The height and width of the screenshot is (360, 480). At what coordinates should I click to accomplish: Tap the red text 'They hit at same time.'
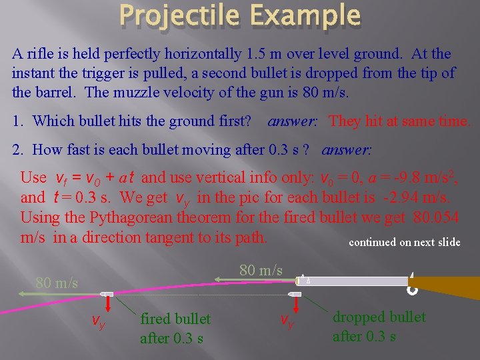click(400, 121)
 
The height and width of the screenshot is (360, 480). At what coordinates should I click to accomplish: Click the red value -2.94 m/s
click(419, 197)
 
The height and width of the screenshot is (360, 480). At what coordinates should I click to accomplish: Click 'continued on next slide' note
click(404, 242)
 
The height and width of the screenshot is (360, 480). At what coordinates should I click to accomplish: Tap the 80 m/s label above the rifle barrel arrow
click(261, 270)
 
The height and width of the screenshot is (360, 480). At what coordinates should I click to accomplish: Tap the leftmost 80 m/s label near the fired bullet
click(57, 283)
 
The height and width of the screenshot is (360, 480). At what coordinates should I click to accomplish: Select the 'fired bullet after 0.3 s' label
click(175, 329)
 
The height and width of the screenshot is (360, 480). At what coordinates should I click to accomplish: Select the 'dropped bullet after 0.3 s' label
click(379, 327)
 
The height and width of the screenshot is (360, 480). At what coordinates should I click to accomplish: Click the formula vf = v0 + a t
click(97, 178)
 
